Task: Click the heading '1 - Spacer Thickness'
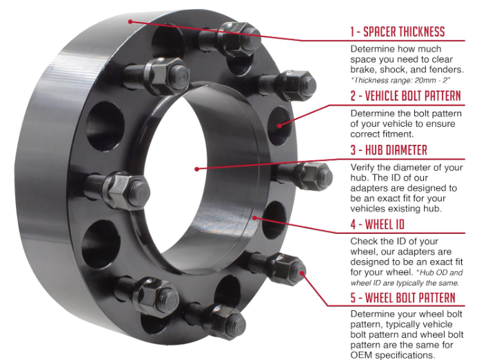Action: (397, 32)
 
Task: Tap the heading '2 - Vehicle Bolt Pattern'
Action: (405, 96)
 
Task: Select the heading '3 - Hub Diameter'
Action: (389, 150)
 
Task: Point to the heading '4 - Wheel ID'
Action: (377, 224)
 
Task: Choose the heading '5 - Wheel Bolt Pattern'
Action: (403, 298)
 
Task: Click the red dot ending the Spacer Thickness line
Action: (130, 21)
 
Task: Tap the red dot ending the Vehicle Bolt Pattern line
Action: (279, 126)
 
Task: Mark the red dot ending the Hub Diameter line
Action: (197, 169)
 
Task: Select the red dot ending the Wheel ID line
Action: (255, 217)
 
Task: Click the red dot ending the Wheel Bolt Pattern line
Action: (302, 273)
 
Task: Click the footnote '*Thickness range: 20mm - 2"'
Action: (400, 80)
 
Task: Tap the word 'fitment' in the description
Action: (397, 134)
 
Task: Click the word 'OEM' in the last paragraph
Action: (361, 355)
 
